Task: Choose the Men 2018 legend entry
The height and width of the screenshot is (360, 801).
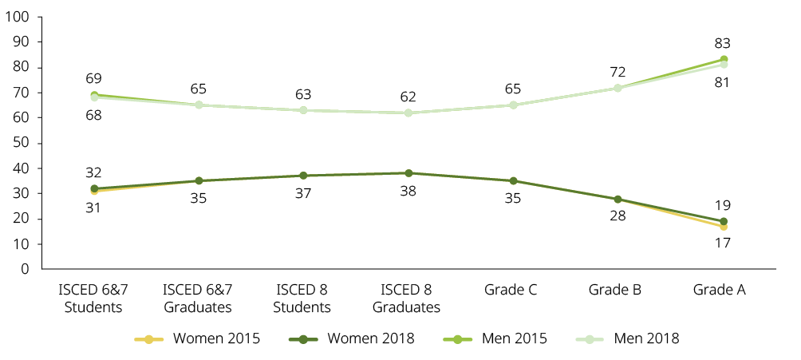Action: [x=630, y=338]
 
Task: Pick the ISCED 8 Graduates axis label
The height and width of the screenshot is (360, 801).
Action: [x=408, y=298]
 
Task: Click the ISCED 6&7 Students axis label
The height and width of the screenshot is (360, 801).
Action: [x=93, y=298]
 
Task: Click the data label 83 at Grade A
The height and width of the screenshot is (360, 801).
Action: [x=723, y=43]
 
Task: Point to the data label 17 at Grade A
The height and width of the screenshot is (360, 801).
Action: [x=723, y=243]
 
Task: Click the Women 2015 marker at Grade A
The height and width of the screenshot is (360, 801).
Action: [x=724, y=227]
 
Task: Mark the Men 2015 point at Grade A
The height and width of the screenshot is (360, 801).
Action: [x=724, y=59]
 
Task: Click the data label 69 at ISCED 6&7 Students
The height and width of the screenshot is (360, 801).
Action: [x=94, y=78]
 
